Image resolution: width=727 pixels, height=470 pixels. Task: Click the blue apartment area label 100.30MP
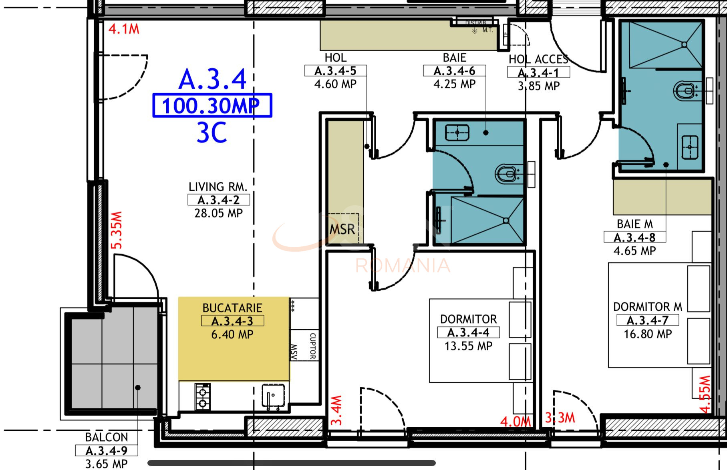click(x=212, y=106)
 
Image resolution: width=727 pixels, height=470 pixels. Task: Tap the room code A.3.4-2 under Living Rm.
click(x=219, y=200)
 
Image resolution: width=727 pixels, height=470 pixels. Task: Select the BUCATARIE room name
click(x=232, y=308)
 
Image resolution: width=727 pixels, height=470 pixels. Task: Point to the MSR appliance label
click(x=342, y=230)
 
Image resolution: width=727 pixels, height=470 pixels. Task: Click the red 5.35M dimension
click(x=117, y=230)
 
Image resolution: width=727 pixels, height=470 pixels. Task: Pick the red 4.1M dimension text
click(x=124, y=29)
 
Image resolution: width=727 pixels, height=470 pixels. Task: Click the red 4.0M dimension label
click(x=516, y=421)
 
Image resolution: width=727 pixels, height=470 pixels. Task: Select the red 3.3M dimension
click(x=560, y=418)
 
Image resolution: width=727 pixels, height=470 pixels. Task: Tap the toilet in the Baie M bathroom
click(x=685, y=91)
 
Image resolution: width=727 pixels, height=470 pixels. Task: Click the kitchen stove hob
click(x=203, y=397)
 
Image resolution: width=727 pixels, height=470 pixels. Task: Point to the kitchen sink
click(x=273, y=396)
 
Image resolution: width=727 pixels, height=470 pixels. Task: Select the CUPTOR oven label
click(x=313, y=346)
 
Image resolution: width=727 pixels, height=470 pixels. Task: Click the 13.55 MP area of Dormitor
click(x=468, y=346)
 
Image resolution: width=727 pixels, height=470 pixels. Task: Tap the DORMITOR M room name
click(x=647, y=307)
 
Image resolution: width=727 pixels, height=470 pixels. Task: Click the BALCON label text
click(x=107, y=437)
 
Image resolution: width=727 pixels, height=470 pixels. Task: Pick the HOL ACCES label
click(x=538, y=59)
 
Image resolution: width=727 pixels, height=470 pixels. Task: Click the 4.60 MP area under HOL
click(x=335, y=84)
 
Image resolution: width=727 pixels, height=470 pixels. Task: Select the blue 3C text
click(x=211, y=133)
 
